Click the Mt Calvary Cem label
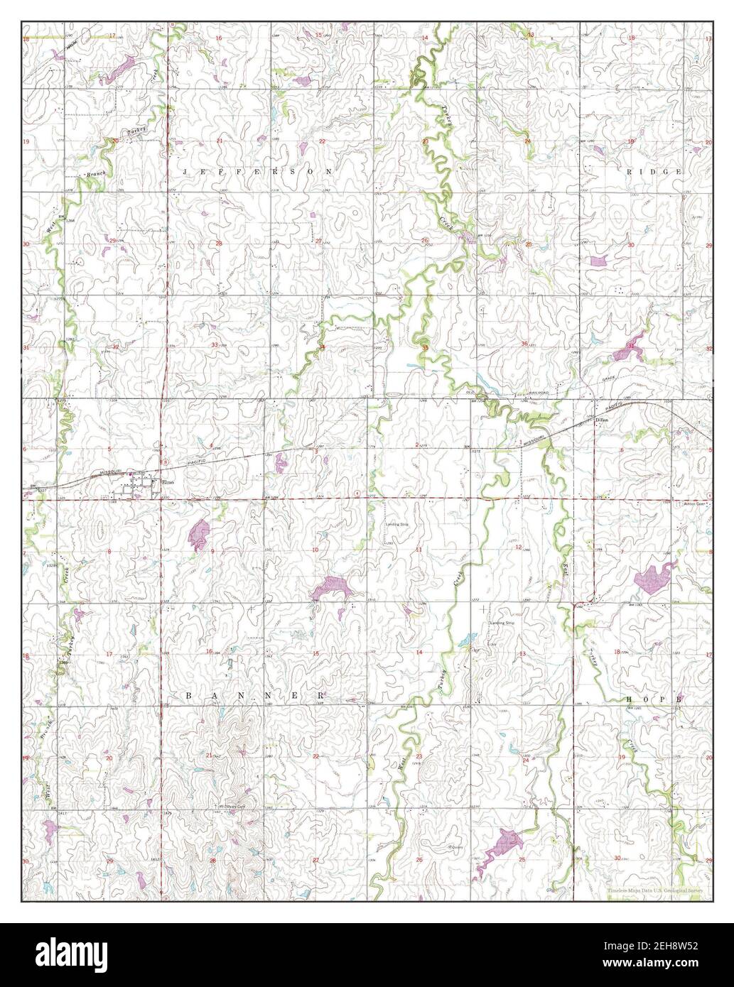coord(231,807)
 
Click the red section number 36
coord(524,344)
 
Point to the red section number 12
coord(518,547)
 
